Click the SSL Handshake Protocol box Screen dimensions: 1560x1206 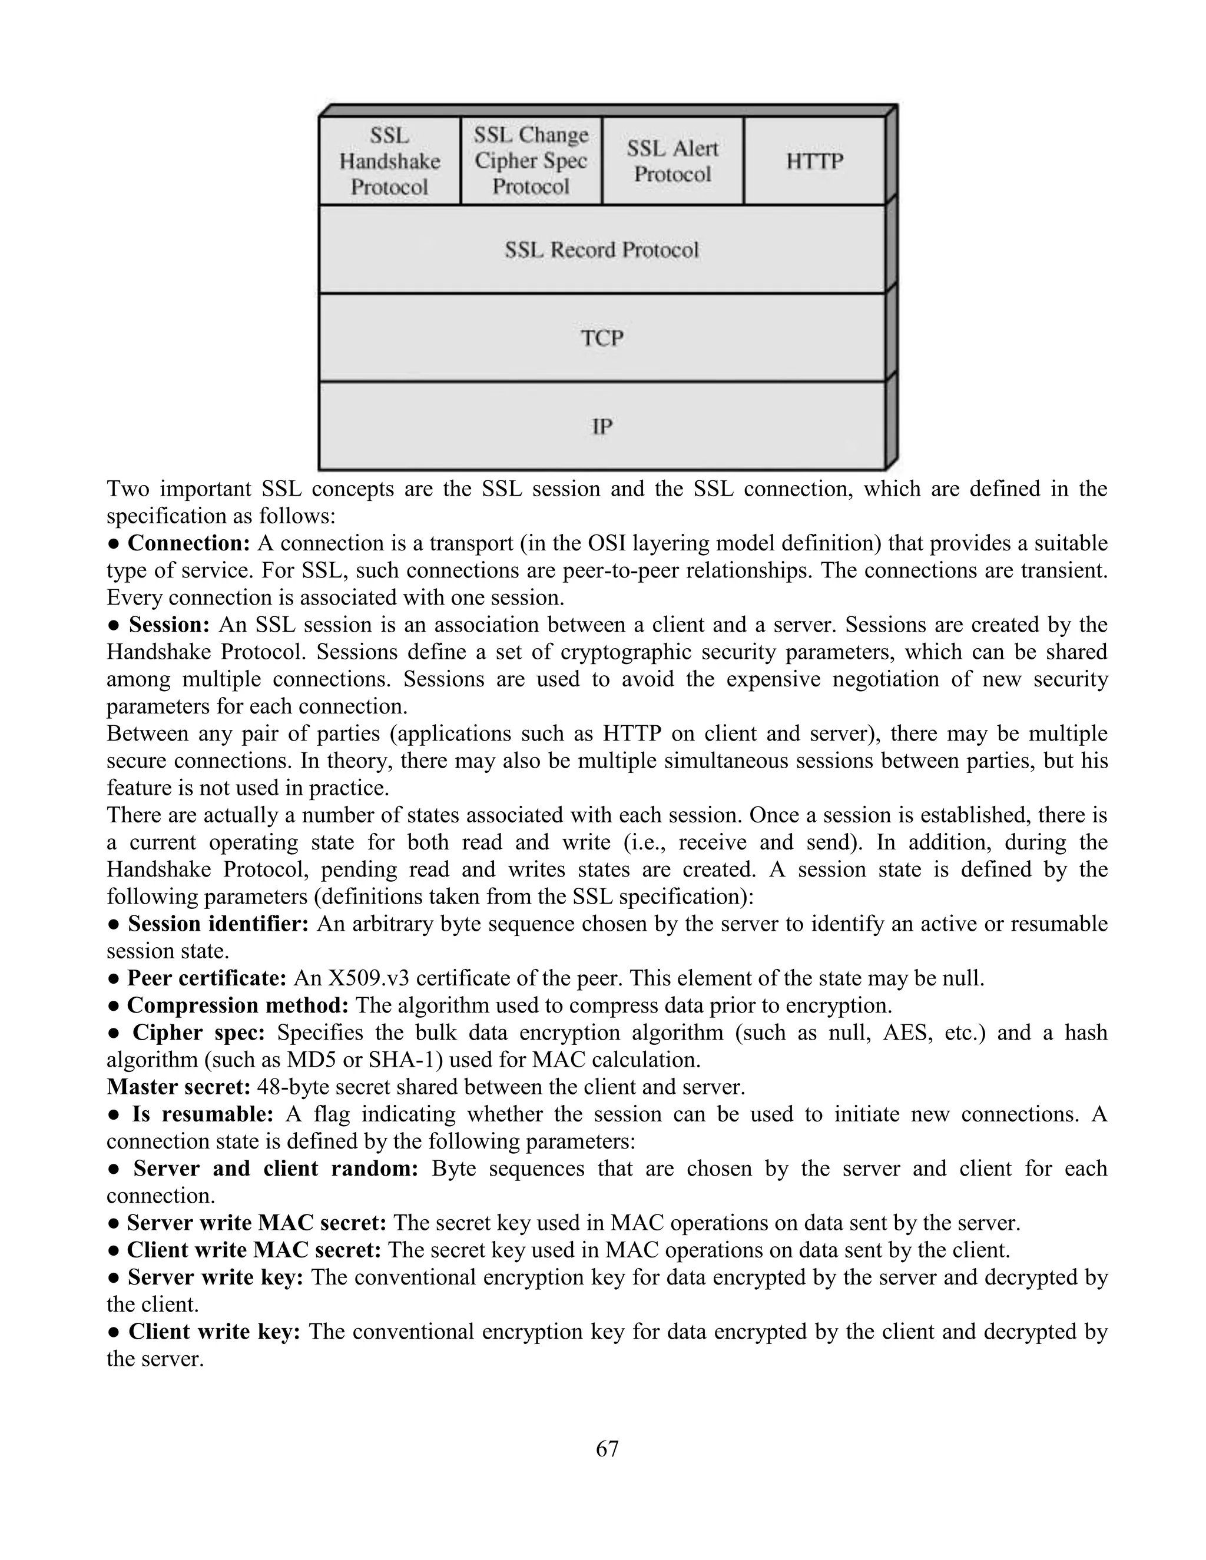[x=389, y=161]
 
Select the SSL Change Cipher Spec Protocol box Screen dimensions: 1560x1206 [x=531, y=161]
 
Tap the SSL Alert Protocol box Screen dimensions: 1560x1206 [x=672, y=161]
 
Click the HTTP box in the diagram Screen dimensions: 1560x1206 [x=814, y=161]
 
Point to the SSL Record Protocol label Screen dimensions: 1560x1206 [x=602, y=250]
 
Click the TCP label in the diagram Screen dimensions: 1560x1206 [x=602, y=338]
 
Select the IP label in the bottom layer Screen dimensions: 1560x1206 [x=602, y=426]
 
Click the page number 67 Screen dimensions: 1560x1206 [x=607, y=1449]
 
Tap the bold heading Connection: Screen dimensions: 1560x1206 [x=188, y=543]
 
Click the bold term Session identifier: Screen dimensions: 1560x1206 [x=218, y=924]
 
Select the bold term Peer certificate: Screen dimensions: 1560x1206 [x=207, y=978]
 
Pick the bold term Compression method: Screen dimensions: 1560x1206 [x=237, y=1005]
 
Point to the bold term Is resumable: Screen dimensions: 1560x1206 [x=202, y=1114]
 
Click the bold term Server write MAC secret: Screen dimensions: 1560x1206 [x=257, y=1223]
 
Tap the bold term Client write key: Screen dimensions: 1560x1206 [x=214, y=1332]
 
